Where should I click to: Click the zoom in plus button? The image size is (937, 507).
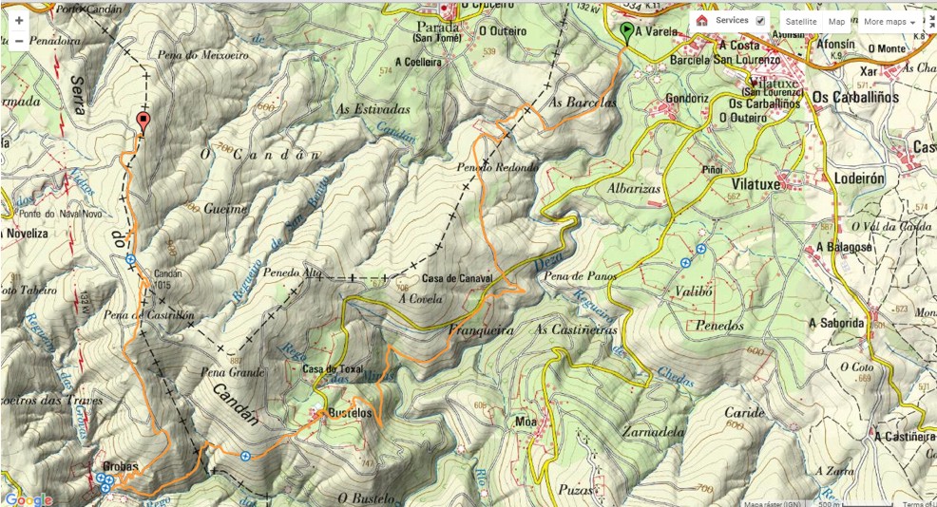click(18, 20)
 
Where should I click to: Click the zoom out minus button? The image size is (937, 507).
click(18, 41)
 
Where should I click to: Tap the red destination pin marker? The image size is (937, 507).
click(143, 122)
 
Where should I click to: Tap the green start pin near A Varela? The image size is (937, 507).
click(625, 33)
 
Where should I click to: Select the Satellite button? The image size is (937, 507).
click(800, 21)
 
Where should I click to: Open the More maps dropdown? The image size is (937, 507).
click(889, 21)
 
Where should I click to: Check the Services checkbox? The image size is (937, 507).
click(759, 21)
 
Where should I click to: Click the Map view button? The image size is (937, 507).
click(836, 21)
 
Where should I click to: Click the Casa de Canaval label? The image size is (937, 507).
click(456, 278)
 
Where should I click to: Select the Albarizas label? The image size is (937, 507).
click(633, 189)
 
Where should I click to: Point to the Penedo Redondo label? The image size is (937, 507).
click(497, 167)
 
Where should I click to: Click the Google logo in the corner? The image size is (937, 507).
click(28, 498)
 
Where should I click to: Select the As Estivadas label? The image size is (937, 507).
click(373, 109)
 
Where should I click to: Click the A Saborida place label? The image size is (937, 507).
click(837, 323)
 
